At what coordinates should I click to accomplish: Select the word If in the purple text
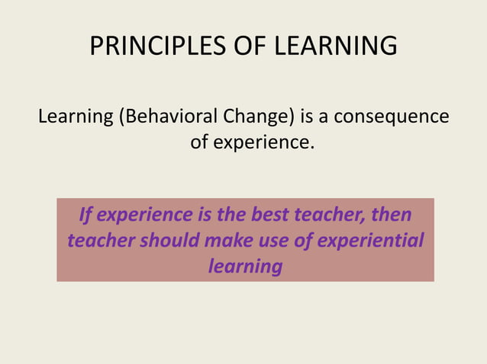86,216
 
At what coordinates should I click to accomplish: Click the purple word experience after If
145,216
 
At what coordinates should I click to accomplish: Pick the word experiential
373,241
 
